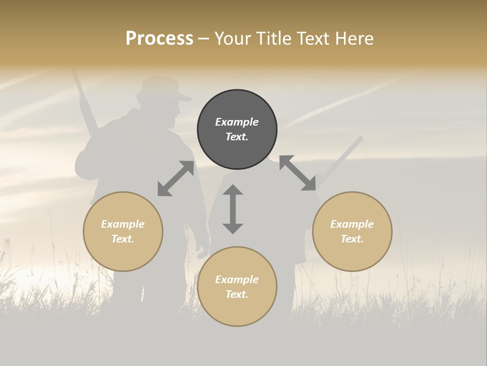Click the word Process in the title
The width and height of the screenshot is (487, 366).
tap(159, 39)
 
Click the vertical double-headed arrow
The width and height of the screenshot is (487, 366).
tap(233, 209)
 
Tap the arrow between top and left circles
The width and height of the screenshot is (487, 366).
tap(176, 178)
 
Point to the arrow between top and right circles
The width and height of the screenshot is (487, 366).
tap(297, 173)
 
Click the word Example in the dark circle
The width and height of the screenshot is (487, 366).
tap(237, 122)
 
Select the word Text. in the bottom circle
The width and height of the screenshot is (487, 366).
tap(237, 294)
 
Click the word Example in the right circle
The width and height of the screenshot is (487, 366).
tap(352, 224)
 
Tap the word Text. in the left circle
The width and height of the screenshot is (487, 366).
tap(123, 239)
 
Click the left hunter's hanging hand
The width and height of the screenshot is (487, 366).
tap(203, 250)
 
